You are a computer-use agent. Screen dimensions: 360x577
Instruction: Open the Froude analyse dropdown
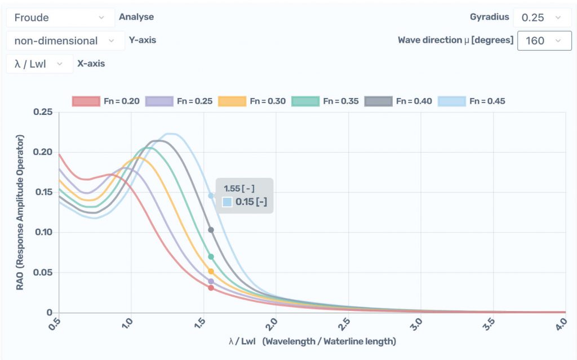point(60,17)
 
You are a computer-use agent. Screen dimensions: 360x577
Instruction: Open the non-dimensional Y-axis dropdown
point(65,41)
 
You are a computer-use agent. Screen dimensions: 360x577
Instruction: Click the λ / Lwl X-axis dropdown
point(39,64)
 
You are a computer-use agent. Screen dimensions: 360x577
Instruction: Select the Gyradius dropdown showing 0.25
point(541,17)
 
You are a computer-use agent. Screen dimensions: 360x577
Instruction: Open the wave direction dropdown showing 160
point(544,41)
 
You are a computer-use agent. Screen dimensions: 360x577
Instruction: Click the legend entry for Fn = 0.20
point(106,101)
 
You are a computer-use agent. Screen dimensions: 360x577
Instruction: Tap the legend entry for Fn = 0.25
point(179,101)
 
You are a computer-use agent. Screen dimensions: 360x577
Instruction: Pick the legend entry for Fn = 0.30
point(252,101)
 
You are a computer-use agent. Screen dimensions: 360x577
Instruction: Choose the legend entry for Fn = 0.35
point(325,101)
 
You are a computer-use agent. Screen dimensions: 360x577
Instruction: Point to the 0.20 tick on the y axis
point(43,152)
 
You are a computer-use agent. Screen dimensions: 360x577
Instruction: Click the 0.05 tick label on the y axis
point(43,273)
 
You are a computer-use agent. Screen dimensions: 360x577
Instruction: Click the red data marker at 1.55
point(211,288)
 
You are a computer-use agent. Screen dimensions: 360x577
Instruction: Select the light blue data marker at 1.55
point(211,195)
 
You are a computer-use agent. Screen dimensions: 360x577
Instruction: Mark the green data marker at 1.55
point(211,256)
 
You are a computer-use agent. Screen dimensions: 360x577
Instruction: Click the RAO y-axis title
point(20,212)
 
